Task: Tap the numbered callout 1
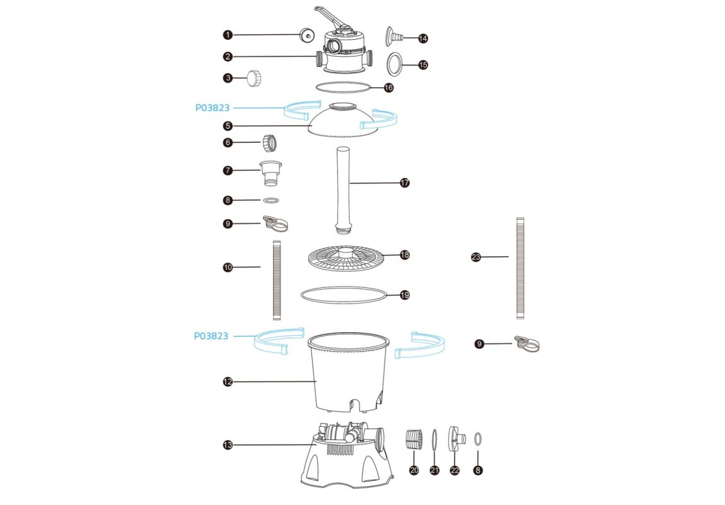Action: [x=228, y=35]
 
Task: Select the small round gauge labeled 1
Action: [x=306, y=35]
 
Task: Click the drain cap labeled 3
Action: [x=254, y=78]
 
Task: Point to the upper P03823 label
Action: [x=212, y=108]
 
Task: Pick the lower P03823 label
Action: [x=211, y=336]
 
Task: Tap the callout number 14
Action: [x=422, y=39]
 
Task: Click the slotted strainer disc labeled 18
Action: [x=346, y=258]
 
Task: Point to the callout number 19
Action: [x=405, y=295]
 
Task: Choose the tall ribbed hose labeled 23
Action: [x=520, y=268]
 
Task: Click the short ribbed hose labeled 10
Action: [x=277, y=280]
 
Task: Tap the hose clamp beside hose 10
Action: [x=275, y=223]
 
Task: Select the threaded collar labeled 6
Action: [x=270, y=143]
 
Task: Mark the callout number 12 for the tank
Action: [x=228, y=382]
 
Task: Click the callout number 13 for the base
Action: [x=228, y=445]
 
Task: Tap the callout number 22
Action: [x=455, y=470]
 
